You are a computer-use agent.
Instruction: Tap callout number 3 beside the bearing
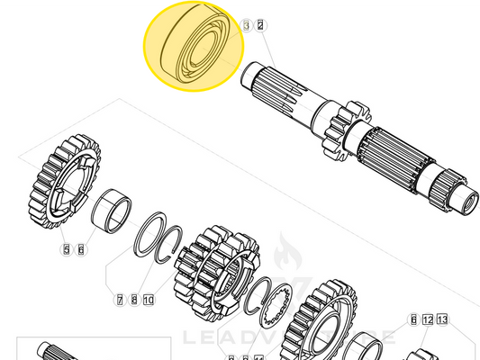pyautogui.click(x=247, y=26)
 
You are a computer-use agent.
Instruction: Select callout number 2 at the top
pyautogui.click(x=260, y=26)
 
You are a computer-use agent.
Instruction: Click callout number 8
pyautogui.click(x=133, y=299)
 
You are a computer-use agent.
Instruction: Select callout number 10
pyautogui.click(x=149, y=299)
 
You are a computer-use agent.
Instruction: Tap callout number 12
pyautogui.click(x=428, y=319)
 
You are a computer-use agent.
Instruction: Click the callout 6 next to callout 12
pyautogui.click(x=413, y=319)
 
